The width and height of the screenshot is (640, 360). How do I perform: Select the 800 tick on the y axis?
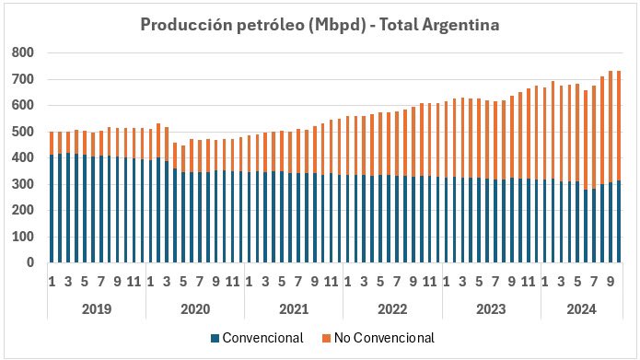pyautogui.click(x=21, y=53)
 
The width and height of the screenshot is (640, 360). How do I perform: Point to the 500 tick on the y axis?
pyautogui.click(x=21, y=132)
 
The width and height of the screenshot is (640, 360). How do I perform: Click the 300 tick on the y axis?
pyautogui.click(x=21, y=184)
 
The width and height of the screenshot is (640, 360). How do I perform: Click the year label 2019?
pyautogui.click(x=96, y=308)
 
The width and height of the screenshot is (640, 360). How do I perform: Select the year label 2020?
pyautogui.click(x=194, y=308)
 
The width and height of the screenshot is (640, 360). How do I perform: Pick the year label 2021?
pyautogui.click(x=294, y=308)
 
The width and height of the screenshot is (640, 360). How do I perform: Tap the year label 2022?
pyautogui.click(x=393, y=308)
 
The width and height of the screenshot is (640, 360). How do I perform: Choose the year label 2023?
pyautogui.click(x=493, y=308)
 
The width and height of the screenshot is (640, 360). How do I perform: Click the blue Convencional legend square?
pyautogui.click(x=215, y=338)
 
